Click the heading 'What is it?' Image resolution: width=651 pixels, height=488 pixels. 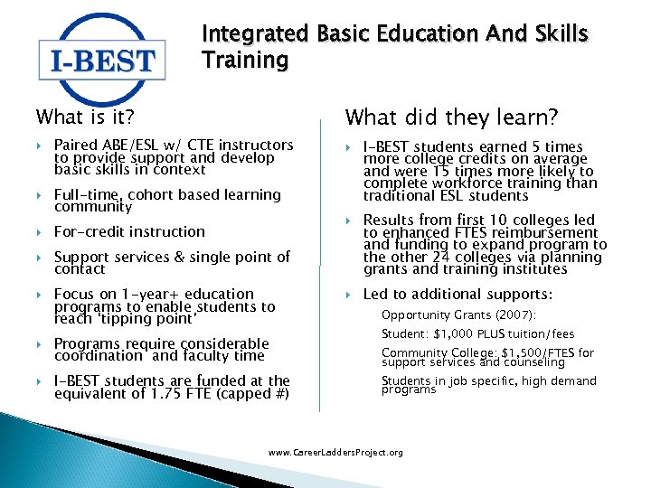tap(85, 117)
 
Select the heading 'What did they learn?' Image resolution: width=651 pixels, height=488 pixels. tap(452, 117)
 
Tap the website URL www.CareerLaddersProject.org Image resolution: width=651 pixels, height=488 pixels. tap(336, 452)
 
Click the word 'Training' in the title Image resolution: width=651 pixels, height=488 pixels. tap(245, 61)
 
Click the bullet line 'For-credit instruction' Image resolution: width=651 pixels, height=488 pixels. tap(129, 231)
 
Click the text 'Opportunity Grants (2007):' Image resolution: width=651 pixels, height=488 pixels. tap(458, 314)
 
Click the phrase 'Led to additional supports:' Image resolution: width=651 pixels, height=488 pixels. tap(457, 294)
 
